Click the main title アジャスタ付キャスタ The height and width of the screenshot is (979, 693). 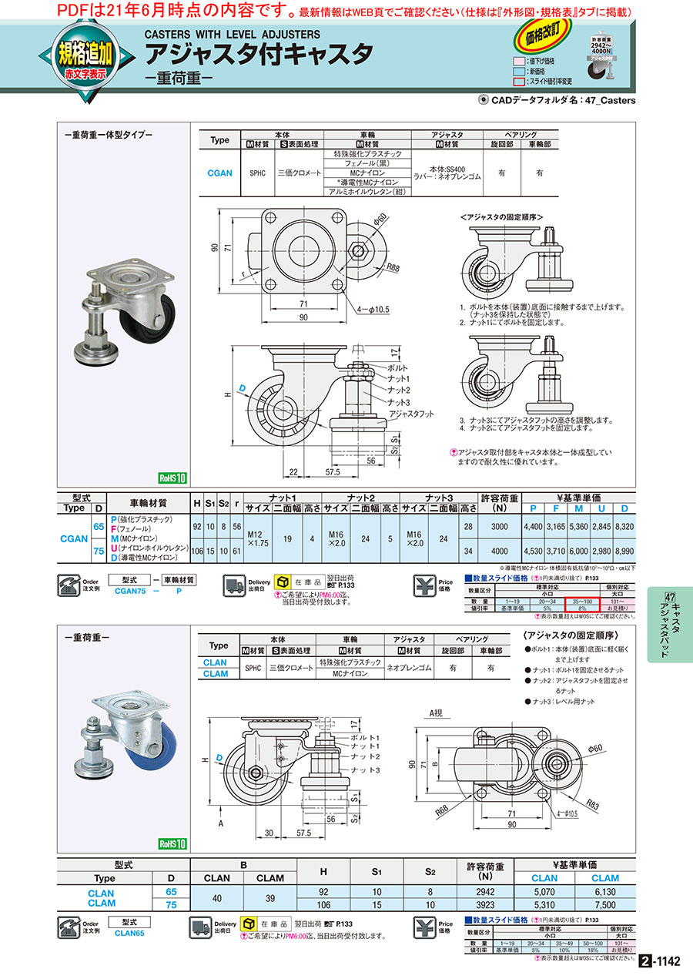click(259, 55)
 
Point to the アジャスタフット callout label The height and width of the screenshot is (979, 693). click(411, 414)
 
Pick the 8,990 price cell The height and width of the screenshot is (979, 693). click(624, 552)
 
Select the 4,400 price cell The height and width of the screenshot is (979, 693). click(533, 526)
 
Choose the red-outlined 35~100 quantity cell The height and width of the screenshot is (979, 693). click(581, 601)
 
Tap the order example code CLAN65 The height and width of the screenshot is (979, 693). click(130, 932)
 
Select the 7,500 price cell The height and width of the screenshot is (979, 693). click(605, 904)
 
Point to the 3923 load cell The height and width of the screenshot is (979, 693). click(484, 904)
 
